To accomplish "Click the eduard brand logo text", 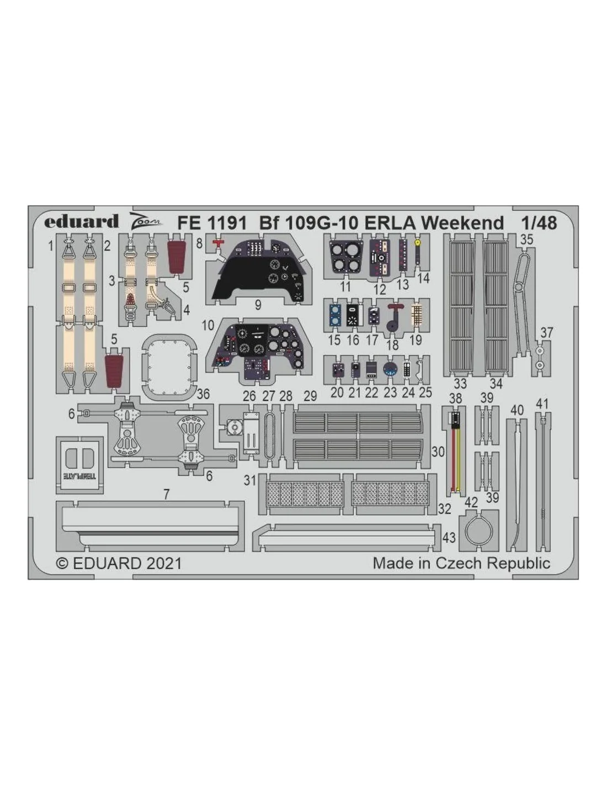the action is click(81, 221).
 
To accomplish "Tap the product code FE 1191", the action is click(211, 223).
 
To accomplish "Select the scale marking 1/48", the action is click(539, 223).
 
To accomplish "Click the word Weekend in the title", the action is click(462, 223).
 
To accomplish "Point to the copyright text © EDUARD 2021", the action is click(119, 563).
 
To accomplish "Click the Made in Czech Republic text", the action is click(461, 563).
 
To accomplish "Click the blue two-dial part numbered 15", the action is click(335, 315).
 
